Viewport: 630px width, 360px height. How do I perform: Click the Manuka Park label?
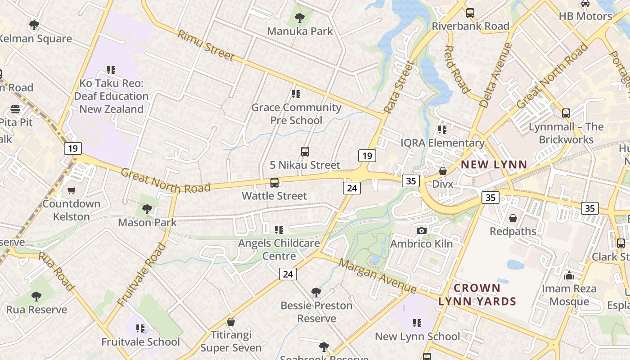pyautogui.click(x=300, y=31)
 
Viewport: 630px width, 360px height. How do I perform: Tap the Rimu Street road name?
pyautogui.click(x=206, y=45)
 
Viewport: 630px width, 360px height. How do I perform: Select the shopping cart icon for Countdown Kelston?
pyautogui.click(x=72, y=190)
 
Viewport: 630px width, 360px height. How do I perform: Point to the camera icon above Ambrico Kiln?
pyautogui.click(x=421, y=230)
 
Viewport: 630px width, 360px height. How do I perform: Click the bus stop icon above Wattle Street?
pyautogui.click(x=274, y=183)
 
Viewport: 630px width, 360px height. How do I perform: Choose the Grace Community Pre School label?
pyautogui.click(x=296, y=114)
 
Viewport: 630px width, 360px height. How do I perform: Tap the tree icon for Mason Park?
pyautogui.click(x=147, y=209)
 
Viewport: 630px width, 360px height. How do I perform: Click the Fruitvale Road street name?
pyautogui.click(x=141, y=274)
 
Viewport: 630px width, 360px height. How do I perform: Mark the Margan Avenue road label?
pyautogui.click(x=378, y=275)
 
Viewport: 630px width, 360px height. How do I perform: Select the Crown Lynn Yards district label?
pyautogui.click(x=477, y=295)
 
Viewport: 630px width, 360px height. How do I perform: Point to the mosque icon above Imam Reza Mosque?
pyautogui.click(x=569, y=275)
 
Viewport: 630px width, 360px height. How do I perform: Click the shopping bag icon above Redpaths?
pyautogui.click(x=513, y=218)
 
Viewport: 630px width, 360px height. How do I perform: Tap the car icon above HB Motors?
pyautogui.click(x=585, y=4)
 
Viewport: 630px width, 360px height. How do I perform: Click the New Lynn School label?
pyautogui.click(x=417, y=337)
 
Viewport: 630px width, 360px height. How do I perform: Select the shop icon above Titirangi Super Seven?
pyautogui.click(x=231, y=322)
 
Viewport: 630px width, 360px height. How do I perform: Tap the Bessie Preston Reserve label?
pyautogui.click(x=316, y=312)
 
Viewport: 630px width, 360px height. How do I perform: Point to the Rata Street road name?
pyautogui.click(x=398, y=87)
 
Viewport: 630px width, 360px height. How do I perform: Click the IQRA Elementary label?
pyautogui.click(x=443, y=143)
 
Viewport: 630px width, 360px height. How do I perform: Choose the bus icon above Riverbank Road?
pyautogui.click(x=470, y=13)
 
